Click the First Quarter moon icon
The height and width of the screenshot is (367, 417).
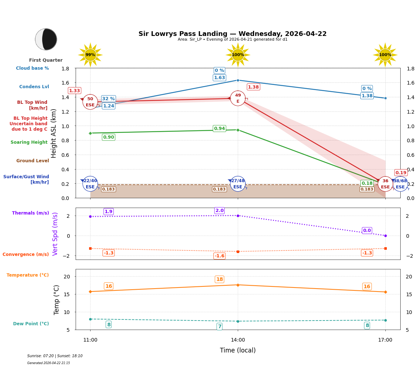pos(46,39)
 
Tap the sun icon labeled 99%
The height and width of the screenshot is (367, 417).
pos(90,55)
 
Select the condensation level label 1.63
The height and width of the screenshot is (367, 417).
pos(219,78)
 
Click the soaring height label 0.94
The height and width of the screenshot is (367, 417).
pos(219,129)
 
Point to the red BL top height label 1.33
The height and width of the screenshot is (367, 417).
pos(75,91)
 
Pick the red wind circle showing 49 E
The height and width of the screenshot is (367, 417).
pos(238,98)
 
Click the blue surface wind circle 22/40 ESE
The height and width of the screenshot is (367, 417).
pos(90,184)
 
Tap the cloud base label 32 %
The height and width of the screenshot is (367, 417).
pos(108,99)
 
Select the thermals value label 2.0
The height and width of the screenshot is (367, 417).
pos(220,211)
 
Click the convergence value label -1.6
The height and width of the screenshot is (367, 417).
pos(220,256)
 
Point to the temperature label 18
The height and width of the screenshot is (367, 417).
pos(220,279)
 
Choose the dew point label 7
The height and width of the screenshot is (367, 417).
pos(220,326)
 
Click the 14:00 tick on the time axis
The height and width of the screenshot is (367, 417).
pos(238,340)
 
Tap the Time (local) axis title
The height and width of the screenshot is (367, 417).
pos(238,350)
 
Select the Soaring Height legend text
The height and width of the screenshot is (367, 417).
pos(29,142)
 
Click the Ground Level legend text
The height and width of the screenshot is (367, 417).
pos(32,161)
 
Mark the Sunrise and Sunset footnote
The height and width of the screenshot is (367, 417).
pos(55,356)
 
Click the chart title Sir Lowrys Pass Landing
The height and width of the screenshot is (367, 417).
pos(232,34)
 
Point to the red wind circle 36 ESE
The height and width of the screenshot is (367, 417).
pos(385,184)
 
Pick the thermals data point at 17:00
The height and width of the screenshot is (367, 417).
pos(385,236)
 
